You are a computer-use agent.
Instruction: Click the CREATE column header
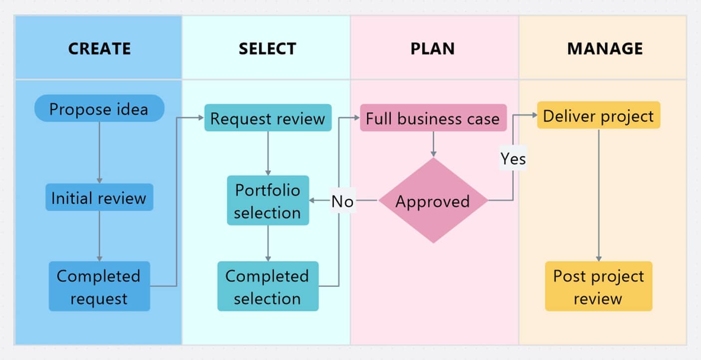click(99, 48)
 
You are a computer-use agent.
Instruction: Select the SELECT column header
click(267, 48)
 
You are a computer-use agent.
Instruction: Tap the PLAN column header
click(432, 48)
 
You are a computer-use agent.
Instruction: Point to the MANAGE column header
click(605, 48)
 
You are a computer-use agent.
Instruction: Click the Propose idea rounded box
click(99, 109)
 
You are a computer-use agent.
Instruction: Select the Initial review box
click(99, 198)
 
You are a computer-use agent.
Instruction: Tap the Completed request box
click(99, 287)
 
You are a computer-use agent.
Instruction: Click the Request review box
click(268, 119)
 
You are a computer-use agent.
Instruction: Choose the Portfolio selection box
click(268, 201)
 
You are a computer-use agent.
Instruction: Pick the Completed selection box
click(268, 287)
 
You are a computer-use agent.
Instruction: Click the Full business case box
click(433, 119)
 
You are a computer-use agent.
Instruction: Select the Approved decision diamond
click(433, 201)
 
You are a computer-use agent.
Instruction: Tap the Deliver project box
click(598, 116)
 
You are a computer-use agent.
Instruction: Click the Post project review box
click(598, 287)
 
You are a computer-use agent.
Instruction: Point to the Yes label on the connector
click(513, 158)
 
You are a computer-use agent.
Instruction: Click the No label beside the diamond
click(343, 201)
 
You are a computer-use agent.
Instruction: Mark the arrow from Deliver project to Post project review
click(598, 194)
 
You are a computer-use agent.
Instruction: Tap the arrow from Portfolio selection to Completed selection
click(268, 243)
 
